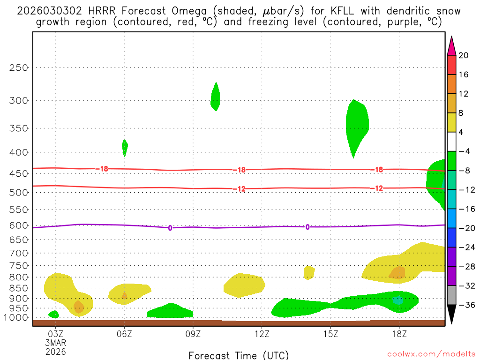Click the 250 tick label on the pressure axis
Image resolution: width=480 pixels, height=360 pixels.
19,67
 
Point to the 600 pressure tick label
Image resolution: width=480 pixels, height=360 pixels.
19,225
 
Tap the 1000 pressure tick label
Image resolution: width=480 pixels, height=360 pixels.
17,318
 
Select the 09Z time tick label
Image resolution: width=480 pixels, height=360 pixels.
193,334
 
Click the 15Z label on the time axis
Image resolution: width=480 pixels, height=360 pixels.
330,334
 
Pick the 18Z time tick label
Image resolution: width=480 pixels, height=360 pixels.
399,334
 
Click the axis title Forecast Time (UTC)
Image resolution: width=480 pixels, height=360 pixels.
239,355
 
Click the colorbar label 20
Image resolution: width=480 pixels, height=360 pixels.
464,56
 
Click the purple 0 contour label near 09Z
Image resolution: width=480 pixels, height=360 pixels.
170,228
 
